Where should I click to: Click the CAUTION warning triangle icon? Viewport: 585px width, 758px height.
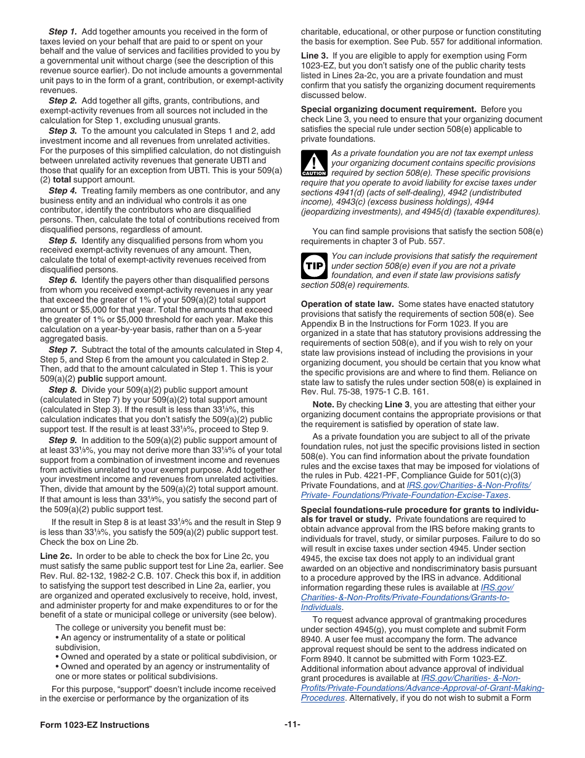click(x=314, y=163)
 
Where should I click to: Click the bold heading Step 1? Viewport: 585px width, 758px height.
click(x=63, y=31)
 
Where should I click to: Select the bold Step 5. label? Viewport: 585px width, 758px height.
click(x=63, y=240)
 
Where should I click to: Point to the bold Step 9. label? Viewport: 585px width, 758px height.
click(x=63, y=440)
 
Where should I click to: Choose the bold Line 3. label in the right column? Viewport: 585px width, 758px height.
click(x=314, y=55)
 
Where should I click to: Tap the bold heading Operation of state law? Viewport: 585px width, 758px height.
click(x=347, y=304)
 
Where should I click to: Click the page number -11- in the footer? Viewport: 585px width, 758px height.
click(x=292, y=724)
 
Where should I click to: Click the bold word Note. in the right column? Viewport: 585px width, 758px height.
click(x=323, y=405)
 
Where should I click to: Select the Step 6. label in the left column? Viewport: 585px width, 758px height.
click(x=63, y=280)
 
